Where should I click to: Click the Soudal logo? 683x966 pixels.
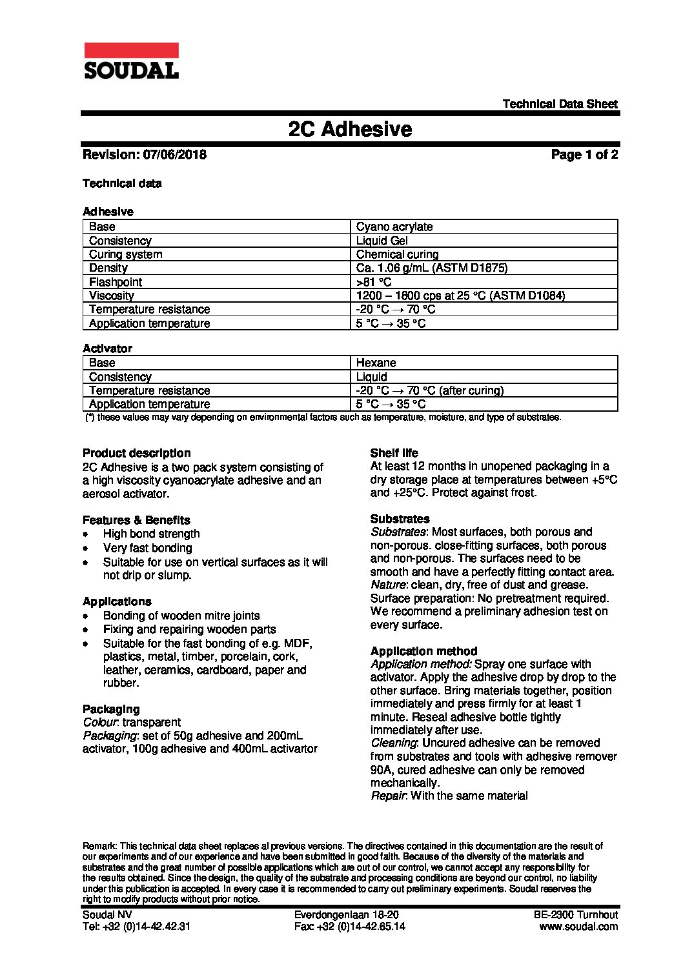tap(131, 61)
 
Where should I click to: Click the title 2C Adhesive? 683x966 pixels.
tap(350, 129)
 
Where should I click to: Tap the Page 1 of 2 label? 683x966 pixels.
tap(584, 155)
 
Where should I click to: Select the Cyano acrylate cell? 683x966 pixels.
tap(394, 226)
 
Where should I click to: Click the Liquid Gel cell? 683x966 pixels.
tap(382, 241)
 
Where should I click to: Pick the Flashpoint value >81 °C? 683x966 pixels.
tap(374, 282)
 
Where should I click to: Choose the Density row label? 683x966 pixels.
tap(108, 268)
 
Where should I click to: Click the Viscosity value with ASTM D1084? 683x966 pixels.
tap(460, 296)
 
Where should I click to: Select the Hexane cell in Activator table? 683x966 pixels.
tap(376, 363)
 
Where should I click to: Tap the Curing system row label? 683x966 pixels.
tap(126, 254)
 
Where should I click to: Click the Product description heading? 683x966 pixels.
tap(137, 453)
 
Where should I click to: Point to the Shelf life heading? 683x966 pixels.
tap(394, 453)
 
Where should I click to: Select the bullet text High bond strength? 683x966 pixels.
tap(152, 534)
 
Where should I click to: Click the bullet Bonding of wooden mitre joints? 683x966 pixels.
tap(181, 616)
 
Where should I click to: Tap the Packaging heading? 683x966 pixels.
tap(111, 709)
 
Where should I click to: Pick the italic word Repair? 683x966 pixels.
tap(387, 796)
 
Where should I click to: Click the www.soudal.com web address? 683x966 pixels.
tap(578, 927)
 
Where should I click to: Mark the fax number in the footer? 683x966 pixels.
tap(349, 927)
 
